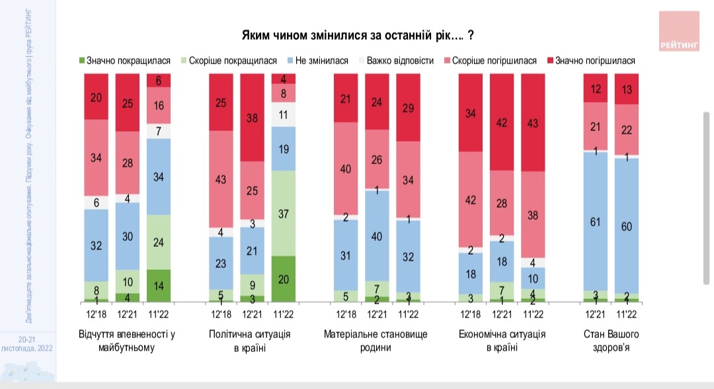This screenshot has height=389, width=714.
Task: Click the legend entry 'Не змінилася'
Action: tap(317, 61)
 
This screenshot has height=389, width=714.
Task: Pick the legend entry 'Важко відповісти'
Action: tap(395, 61)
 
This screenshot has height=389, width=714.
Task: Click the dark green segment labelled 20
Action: tap(284, 279)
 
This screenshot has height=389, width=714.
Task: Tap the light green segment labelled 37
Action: tap(284, 213)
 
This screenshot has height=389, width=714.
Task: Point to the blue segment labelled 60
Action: tap(627, 226)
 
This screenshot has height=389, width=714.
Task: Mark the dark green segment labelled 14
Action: tap(158, 285)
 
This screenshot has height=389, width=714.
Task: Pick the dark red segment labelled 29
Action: tap(408, 107)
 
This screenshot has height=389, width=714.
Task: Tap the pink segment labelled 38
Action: tap(533, 214)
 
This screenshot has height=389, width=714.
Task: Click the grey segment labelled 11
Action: tap(284, 114)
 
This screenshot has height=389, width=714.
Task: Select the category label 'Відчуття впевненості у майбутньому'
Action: tap(127, 340)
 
